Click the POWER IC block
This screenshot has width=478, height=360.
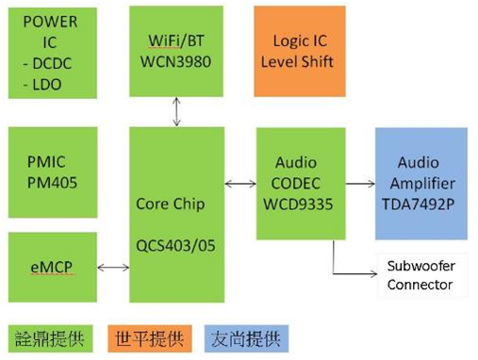click(53, 53)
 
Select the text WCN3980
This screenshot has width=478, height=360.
click(175, 61)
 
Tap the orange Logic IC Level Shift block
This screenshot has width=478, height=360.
click(300, 51)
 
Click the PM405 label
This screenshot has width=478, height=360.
click(52, 183)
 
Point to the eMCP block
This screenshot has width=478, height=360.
click(53, 268)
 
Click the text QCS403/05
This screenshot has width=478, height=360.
click(175, 245)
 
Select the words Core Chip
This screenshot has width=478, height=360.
click(171, 204)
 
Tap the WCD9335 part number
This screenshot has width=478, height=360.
click(298, 205)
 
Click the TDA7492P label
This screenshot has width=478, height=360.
click(419, 205)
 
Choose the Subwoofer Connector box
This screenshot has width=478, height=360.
click(422, 275)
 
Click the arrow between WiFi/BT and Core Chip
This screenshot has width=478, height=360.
click(176, 111)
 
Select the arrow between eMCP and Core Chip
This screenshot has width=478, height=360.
click(113, 268)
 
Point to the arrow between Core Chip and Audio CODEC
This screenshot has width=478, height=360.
click(240, 184)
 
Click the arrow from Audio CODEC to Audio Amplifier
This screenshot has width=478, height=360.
click(360, 184)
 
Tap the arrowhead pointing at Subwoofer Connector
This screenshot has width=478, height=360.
click(374, 274)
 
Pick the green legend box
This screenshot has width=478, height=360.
click(50, 338)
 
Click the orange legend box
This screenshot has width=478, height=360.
click(150, 338)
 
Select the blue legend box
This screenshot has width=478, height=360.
click(246, 338)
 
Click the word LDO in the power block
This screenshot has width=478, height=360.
click(47, 85)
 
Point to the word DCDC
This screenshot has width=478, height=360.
click(52, 63)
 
